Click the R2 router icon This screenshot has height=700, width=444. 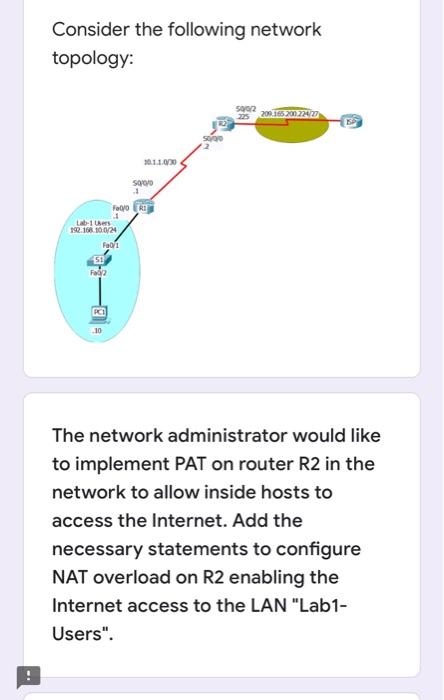(x=226, y=122)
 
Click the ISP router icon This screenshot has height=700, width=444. (x=351, y=121)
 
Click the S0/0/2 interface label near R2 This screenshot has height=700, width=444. (x=246, y=105)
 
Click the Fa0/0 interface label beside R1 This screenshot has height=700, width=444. (x=120, y=207)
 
